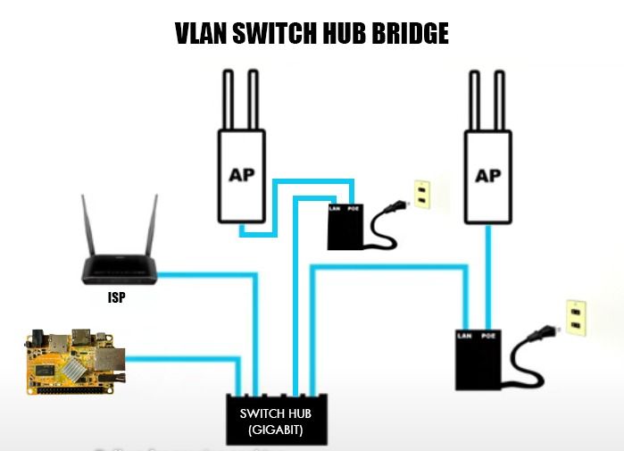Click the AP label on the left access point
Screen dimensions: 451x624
(242, 173)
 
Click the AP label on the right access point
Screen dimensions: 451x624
(488, 175)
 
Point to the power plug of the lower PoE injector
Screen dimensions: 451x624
(539, 336)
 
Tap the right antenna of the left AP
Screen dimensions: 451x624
(254, 98)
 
